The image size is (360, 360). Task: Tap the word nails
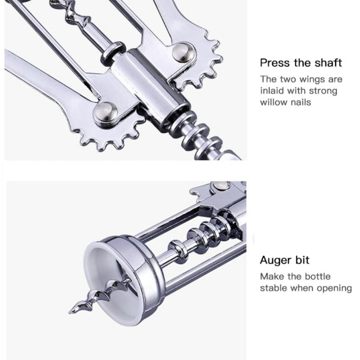click(x=301, y=102)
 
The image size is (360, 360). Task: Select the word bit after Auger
click(x=302, y=260)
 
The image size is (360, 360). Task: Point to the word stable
click(x=274, y=288)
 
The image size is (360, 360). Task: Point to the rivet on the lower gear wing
click(x=104, y=111)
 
